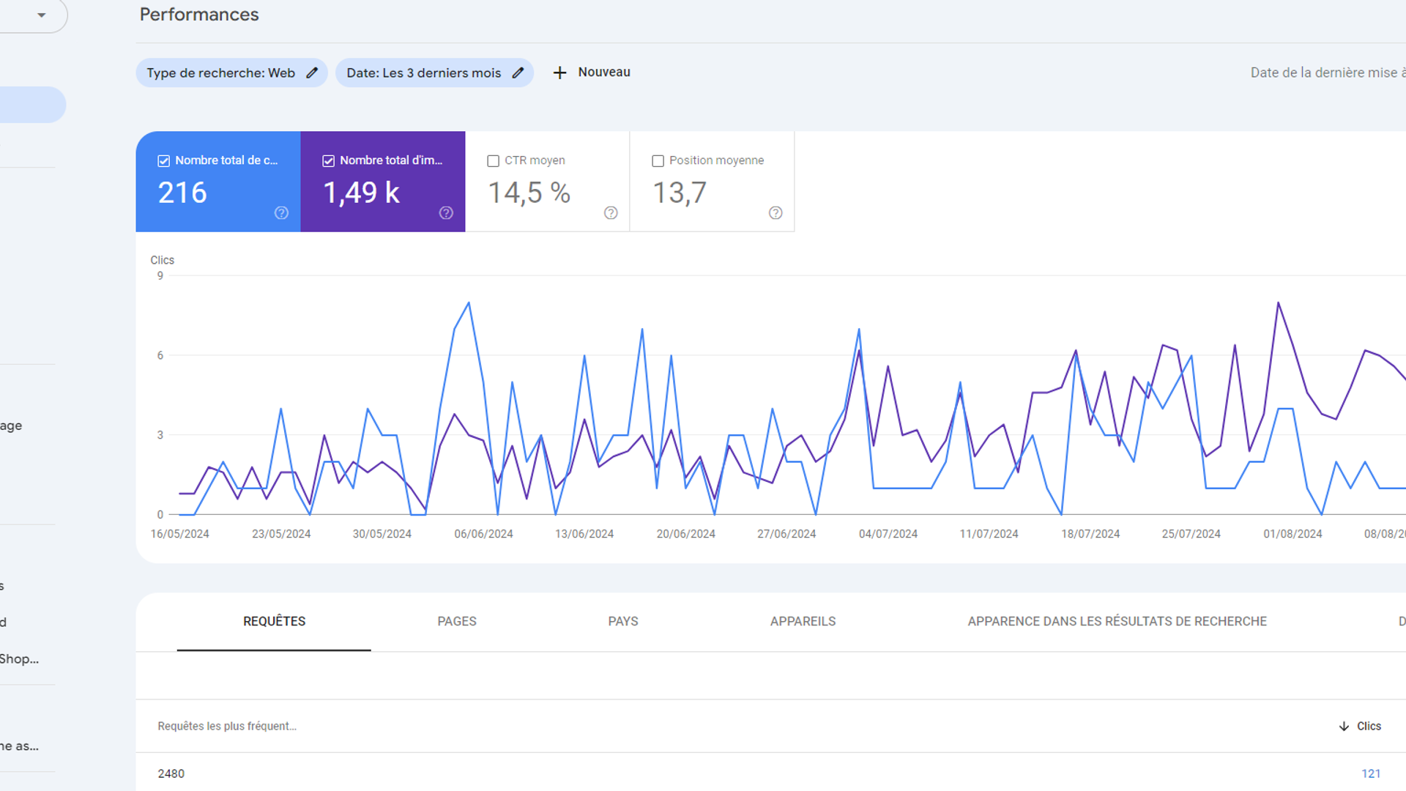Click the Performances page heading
[x=198, y=15]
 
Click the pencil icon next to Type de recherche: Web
[x=312, y=73]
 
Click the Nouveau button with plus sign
[x=592, y=73]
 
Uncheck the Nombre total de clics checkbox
[x=164, y=161]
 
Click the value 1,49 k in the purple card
[x=361, y=193]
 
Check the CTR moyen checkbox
[x=494, y=161]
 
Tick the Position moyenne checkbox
[x=658, y=161]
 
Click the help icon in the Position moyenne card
[x=775, y=213]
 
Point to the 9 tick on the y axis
[x=160, y=276]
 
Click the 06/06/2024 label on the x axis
[x=483, y=534]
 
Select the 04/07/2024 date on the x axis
[x=888, y=534]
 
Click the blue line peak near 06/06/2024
[x=469, y=302]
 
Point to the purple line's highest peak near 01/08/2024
[x=1279, y=302]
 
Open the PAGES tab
[x=457, y=621]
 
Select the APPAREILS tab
[x=803, y=621]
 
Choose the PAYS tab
[x=623, y=621]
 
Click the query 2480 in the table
[x=171, y=773]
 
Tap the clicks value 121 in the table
[x=1371, y=773]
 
